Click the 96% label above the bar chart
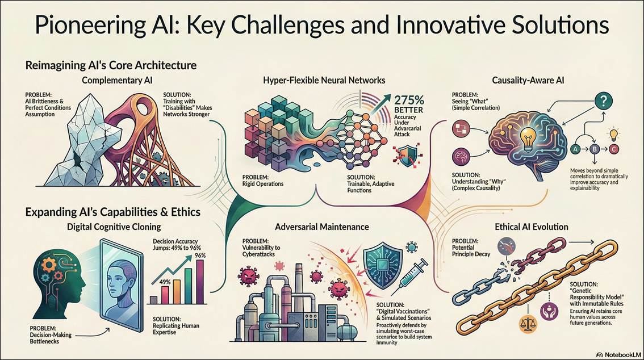(200, 255)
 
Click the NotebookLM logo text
(617, 353)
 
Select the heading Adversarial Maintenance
(321, 227)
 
